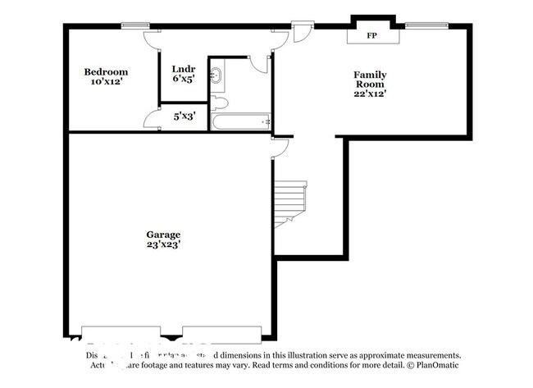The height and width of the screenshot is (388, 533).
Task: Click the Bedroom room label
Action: [106, 72]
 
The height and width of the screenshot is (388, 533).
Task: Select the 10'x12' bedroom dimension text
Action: [106, 82]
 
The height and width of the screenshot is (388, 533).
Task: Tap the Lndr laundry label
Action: [182, 69]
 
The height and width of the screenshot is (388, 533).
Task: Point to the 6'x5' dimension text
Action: [182, 80]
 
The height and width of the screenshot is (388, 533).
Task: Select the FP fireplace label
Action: [371, 36]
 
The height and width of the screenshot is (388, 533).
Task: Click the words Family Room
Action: [370, 80]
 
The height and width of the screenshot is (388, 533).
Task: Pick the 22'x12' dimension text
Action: [370, 94]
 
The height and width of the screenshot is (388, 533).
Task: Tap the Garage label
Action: [165, 234]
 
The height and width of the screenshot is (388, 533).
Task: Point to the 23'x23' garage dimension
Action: [165, 244]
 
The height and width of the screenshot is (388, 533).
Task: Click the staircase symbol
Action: [289, 203]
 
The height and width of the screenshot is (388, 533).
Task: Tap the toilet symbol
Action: [218, 103]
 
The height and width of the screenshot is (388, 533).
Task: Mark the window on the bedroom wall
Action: [134, 25]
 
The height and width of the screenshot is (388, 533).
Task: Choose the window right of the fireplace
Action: [421, 25]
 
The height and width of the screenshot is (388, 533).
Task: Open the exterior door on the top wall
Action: [302, 32]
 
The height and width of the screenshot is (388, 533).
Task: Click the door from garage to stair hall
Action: [280, 148]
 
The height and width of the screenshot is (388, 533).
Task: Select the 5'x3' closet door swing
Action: [153, 121]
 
